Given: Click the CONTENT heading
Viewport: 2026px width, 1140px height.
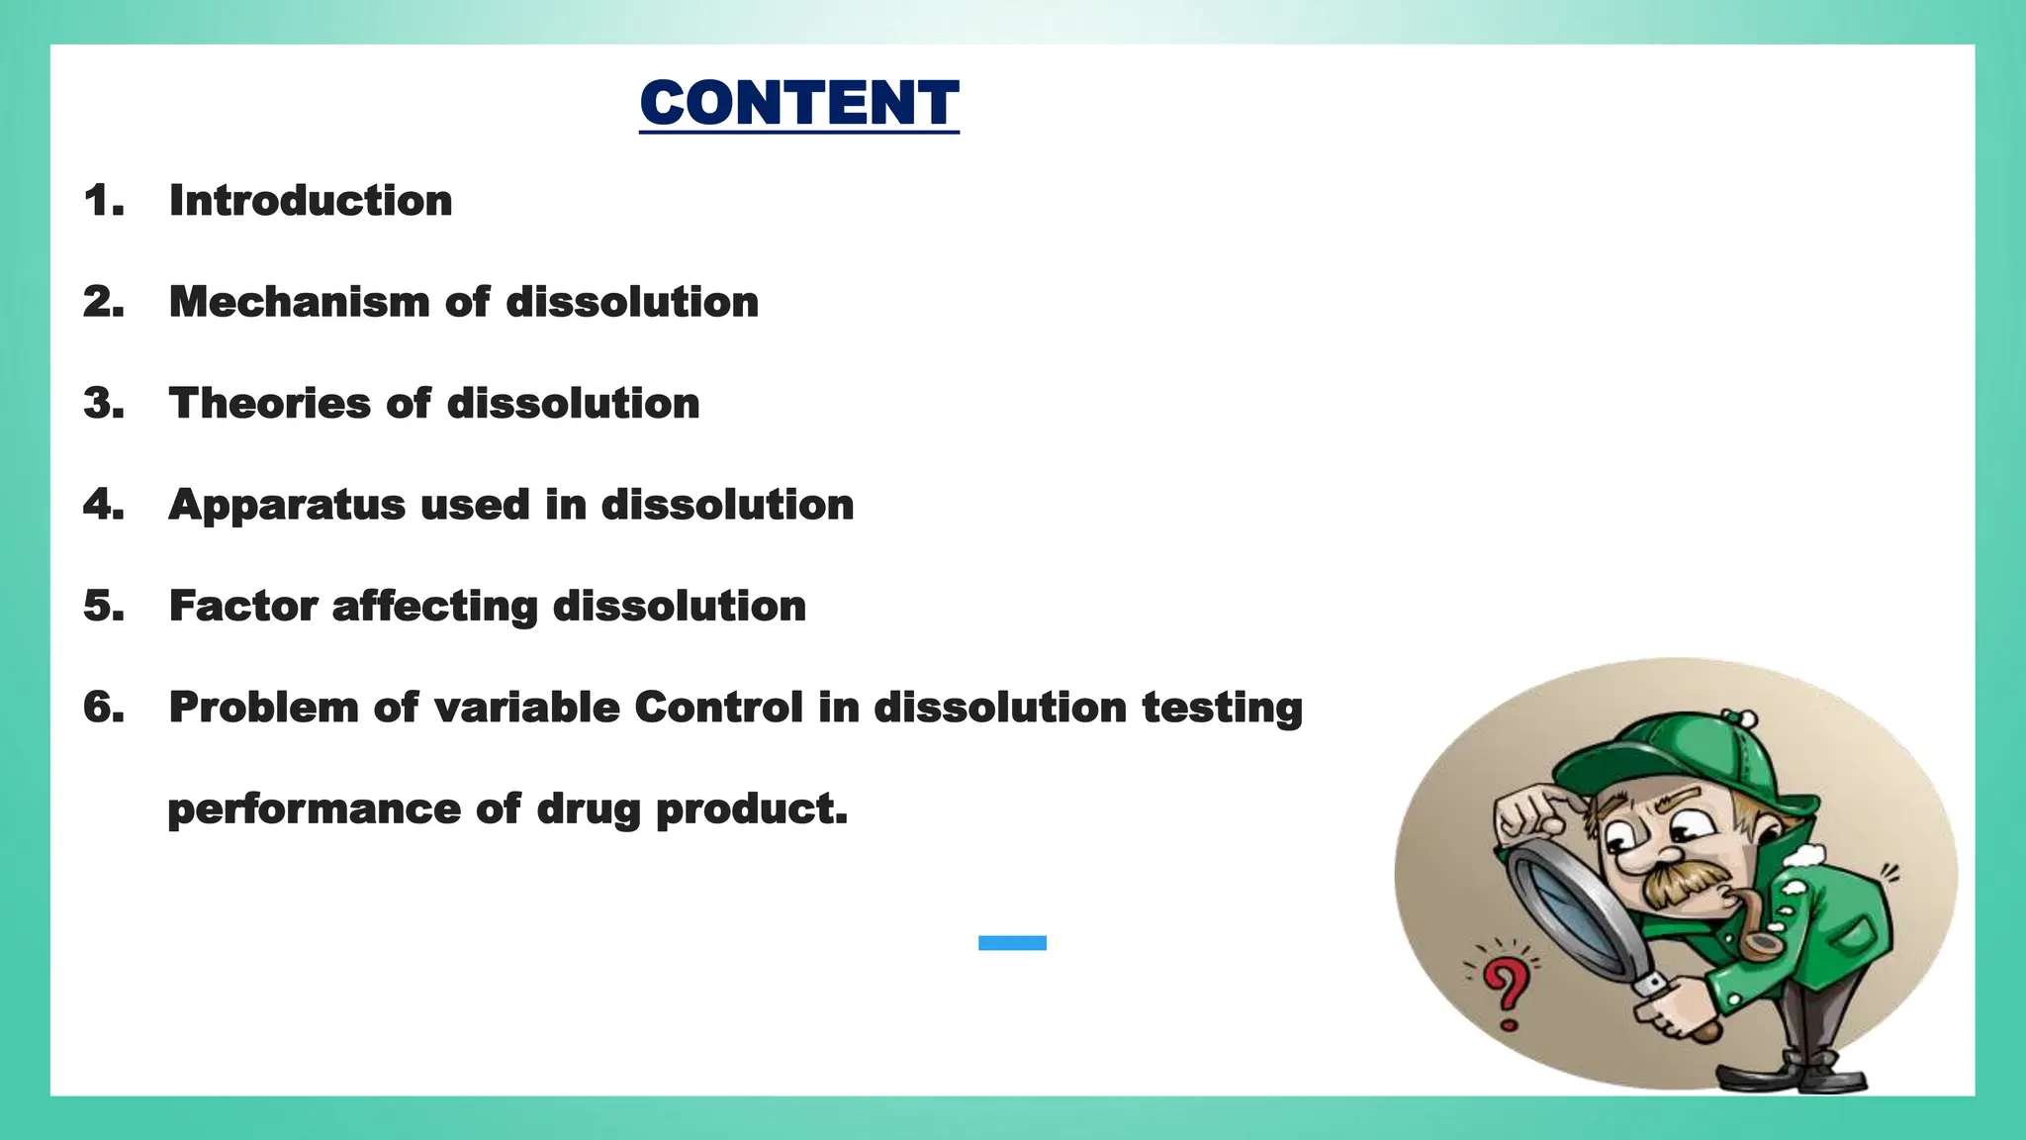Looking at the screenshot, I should (798, 103).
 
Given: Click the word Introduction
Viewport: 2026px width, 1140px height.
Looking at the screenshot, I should (311, 201).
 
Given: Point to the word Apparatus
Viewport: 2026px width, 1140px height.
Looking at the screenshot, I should (287, 506).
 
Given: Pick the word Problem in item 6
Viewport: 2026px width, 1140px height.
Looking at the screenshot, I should (263, 708).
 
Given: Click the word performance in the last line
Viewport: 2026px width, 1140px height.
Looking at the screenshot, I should (314, 809).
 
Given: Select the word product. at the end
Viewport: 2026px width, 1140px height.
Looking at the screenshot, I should (752, 809).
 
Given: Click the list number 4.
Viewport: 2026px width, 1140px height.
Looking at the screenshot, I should (103, 505).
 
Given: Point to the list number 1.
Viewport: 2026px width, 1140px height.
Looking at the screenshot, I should (103, 201).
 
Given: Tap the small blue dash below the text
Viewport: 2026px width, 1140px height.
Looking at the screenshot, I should (1012, 943).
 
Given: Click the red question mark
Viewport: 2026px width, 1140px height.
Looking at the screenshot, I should (1506, 991).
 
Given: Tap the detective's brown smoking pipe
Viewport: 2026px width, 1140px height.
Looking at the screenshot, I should (1756, 930).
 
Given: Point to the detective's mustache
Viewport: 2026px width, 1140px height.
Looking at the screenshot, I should (1682, 881).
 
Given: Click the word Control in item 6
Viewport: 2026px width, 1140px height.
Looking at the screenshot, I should (718, 708).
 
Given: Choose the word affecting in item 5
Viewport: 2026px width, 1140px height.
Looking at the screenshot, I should (434, 606).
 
